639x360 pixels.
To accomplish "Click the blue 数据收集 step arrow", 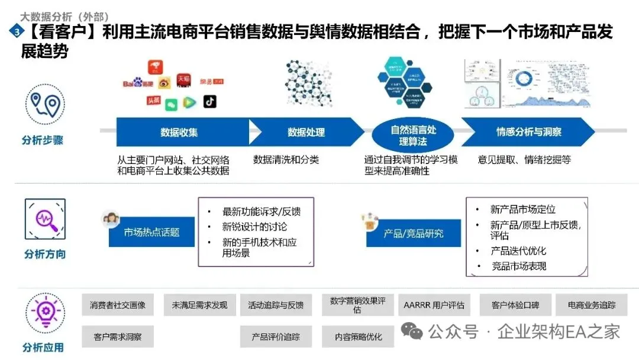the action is click(179, 132).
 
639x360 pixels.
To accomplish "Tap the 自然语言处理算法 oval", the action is click(413, 136).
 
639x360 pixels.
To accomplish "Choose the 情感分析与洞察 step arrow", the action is click(528, 132).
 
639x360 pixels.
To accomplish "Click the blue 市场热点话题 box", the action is click(151, 232).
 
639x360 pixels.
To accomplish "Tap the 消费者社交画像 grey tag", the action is click(118, 305).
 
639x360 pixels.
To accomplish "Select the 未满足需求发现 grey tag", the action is click(199, 305).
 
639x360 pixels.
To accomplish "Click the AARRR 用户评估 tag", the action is click(434, 305).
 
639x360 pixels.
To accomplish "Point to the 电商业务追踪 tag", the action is click(592, 305).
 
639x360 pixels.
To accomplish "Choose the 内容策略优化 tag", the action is click(358, 336).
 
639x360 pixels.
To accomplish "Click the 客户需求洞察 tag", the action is click(118, 336).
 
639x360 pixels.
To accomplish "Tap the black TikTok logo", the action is click(209, 102).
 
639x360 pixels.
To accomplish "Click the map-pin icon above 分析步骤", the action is click(45, 105).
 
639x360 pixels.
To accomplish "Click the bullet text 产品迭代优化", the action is click(518, 250).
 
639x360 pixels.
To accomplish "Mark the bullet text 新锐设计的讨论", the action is click(254, 227).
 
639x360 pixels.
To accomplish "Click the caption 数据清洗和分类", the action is click(286, 160).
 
